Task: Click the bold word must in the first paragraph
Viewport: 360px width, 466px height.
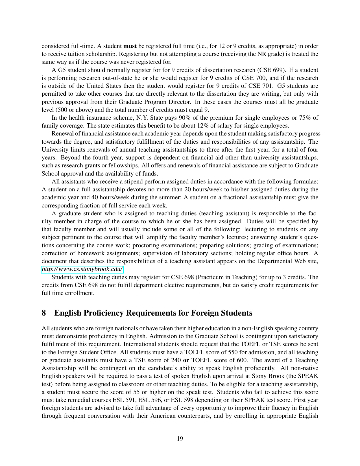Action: point(130,46)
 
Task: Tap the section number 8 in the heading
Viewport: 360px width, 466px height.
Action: point(44,313)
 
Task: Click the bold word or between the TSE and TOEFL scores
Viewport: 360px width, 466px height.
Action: point(186,360)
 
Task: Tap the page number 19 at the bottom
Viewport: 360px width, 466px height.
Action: point(180,439)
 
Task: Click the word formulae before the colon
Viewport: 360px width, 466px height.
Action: point(306,181)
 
